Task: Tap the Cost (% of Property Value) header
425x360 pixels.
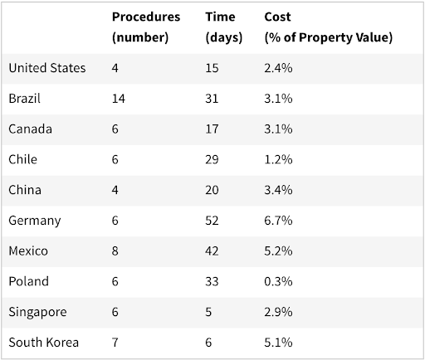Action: (328, 27)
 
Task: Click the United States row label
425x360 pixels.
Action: (47, 68)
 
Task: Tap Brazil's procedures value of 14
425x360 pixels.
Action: (118, 99)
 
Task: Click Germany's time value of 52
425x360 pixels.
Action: (212, 221)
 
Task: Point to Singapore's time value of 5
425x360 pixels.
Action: (208, 311)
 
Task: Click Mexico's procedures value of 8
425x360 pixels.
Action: (115, 251)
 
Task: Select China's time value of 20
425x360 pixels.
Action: (212, 190)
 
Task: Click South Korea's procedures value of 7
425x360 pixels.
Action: (115, 342)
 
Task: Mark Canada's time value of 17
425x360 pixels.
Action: (212, 129)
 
